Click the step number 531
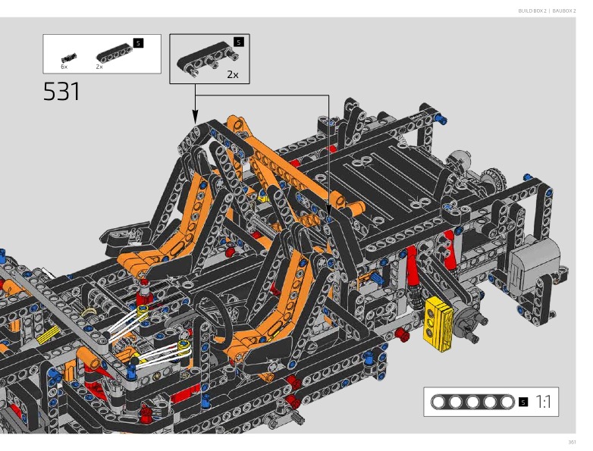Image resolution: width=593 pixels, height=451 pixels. tap(61, 92)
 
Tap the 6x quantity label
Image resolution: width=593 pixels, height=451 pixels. tap(64, 67)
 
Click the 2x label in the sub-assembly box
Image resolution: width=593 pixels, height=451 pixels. tap(233, 74)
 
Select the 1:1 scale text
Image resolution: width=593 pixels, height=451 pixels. tap(543, 402)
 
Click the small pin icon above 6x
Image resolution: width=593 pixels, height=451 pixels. tap(68, 58)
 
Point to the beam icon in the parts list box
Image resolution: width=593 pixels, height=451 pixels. tap(115, 52)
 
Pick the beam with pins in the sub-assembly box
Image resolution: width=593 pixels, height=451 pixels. tap(208, 57)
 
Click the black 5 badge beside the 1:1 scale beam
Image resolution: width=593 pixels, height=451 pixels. tap(523, 402)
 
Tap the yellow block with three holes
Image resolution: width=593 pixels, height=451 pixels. tap(438, 323)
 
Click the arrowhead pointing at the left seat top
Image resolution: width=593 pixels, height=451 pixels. tap(195, 117)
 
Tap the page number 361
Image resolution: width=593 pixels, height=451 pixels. tap(572, 443)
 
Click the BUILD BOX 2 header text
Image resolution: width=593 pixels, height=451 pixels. tap(532, 11)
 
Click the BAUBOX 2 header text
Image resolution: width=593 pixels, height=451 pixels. tap(564, 11)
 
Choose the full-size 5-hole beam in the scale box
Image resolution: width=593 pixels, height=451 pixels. tap(472, 402)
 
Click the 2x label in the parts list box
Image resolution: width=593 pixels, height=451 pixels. tap(99, 67)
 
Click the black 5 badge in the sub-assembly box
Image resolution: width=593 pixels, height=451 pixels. tap(239, 42)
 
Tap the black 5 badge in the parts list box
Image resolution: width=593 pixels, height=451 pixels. tap(139, 43)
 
